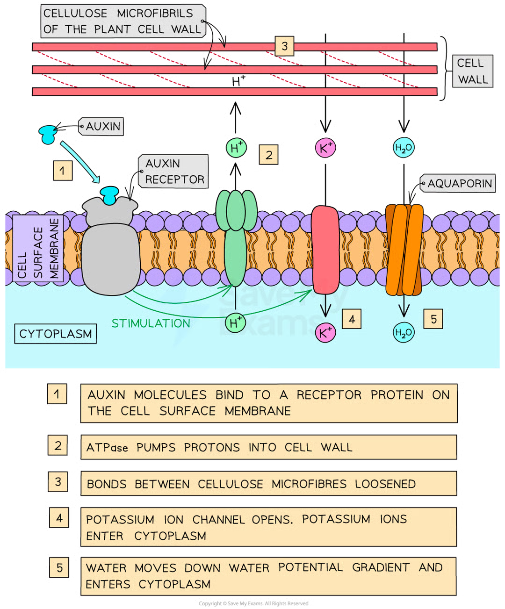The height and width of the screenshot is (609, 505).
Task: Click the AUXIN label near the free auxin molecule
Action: point(103,126)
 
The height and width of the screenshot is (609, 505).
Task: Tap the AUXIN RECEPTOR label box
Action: point(174,172)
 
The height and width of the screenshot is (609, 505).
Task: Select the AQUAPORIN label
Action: point(459,184)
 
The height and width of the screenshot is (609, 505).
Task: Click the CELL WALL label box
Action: point(472,72)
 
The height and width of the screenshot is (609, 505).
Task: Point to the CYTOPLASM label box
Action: point(56,334)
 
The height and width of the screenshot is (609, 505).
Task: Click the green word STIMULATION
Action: point(151,323)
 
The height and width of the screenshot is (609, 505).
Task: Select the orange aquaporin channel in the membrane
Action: point(404,250)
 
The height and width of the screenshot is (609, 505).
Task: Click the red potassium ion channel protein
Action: point(325,250)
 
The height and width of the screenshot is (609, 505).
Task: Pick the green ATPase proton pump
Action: point(236,238)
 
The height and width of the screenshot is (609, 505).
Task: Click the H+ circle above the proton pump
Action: point(236,148)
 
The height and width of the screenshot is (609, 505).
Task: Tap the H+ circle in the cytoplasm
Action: point(235,322)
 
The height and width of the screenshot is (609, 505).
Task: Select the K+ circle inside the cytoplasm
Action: point(325,332)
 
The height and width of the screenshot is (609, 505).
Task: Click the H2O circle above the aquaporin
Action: point(403,149)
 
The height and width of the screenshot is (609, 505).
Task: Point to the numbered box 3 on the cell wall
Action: point(284,46)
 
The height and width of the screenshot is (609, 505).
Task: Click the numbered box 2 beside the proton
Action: point(268,155)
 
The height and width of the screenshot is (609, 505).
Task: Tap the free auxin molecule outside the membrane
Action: point(48,133)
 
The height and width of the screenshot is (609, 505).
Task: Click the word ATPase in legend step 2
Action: point(107,448)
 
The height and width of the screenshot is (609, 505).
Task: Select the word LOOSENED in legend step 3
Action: point(385,484)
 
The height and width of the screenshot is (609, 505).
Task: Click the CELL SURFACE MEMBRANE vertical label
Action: point(38,248)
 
